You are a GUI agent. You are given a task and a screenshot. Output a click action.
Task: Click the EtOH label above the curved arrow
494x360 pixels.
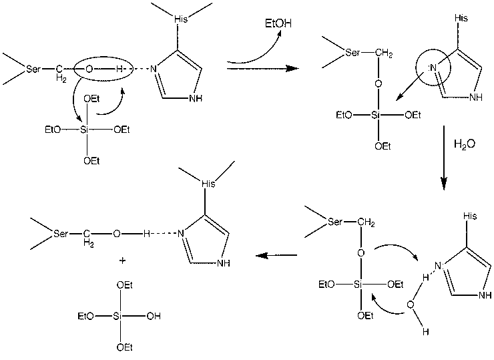point(278,23)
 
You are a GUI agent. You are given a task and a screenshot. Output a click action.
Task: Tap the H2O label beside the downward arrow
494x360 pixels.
point(465,144)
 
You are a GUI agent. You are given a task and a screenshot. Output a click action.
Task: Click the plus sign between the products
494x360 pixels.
point(123,260)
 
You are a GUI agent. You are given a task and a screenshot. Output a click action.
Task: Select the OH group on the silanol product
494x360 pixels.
point(154,316)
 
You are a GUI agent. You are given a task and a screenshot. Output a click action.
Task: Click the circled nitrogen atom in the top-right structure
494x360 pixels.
point(433,67)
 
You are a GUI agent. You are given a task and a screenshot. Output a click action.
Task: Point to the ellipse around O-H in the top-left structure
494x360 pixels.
point(103,69)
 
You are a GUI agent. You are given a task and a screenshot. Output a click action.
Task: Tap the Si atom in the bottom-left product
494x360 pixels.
point(117,316)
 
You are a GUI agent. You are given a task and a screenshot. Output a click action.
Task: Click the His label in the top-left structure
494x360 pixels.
point(181,19)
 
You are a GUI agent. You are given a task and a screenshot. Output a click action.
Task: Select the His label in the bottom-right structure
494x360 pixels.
point(470,216)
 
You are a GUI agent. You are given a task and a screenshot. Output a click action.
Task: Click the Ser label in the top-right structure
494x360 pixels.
point(352,52)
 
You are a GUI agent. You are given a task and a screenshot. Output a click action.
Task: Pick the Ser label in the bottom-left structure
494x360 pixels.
point(61,234)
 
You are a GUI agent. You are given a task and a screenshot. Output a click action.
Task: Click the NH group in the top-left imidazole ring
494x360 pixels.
point(196,99)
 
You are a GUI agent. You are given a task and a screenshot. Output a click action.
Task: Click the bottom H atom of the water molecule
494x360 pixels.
point(426,331)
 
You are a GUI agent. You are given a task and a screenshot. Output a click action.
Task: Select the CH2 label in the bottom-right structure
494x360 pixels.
point(366,223)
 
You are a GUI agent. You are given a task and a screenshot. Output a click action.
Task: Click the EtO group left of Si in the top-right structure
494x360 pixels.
point(344,115)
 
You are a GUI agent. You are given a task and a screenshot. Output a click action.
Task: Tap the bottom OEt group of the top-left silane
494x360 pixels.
point(91,161)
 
